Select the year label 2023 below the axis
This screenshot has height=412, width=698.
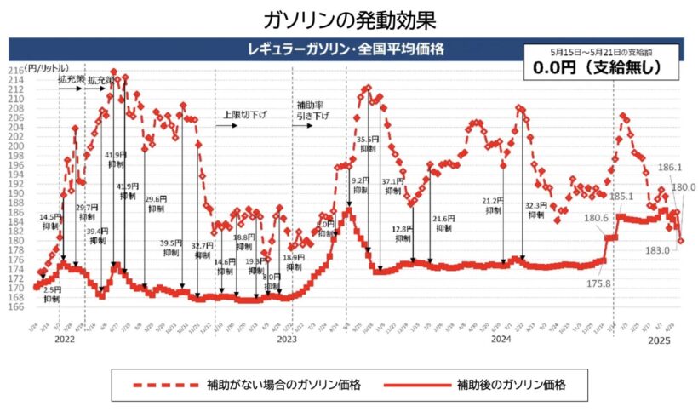(287, 340)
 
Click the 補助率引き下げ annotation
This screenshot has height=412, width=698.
(309, 111)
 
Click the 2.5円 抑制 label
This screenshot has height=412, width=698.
(52, 295)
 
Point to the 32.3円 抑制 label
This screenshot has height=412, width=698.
(535, 209)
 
